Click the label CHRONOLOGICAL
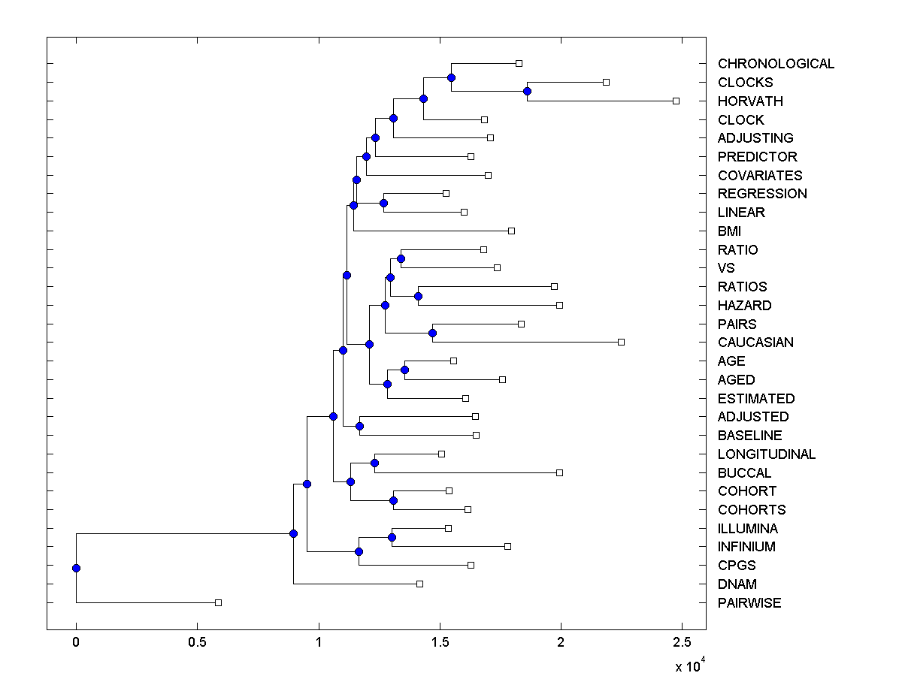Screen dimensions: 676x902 [776, 64]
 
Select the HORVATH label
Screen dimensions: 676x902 [750, 101]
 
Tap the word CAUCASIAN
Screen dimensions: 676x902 [755, 343]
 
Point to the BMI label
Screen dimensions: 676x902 [729, 231]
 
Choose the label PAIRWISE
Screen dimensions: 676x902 [749, 603]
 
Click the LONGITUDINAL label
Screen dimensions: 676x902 [767, 454]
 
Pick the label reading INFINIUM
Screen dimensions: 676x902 [746, 547]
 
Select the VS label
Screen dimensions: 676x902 [726, 268]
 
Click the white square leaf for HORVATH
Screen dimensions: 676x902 [676, 101]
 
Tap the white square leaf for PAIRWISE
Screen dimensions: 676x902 [218, 602]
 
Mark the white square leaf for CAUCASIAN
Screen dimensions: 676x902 [621, 342]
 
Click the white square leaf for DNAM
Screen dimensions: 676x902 [419, 584]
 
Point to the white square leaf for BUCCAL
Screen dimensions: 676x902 [559, 472]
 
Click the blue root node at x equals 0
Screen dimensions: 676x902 [76, 568]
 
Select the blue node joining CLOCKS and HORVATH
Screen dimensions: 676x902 [527, 91]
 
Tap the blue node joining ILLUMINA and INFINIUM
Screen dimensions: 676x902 [392, 537]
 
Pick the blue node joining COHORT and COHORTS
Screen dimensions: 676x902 [393, 500]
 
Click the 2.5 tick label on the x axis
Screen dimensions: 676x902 [682, 642]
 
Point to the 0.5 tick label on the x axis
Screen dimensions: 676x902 [197, 642]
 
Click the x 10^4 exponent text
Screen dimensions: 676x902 [688, 665]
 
